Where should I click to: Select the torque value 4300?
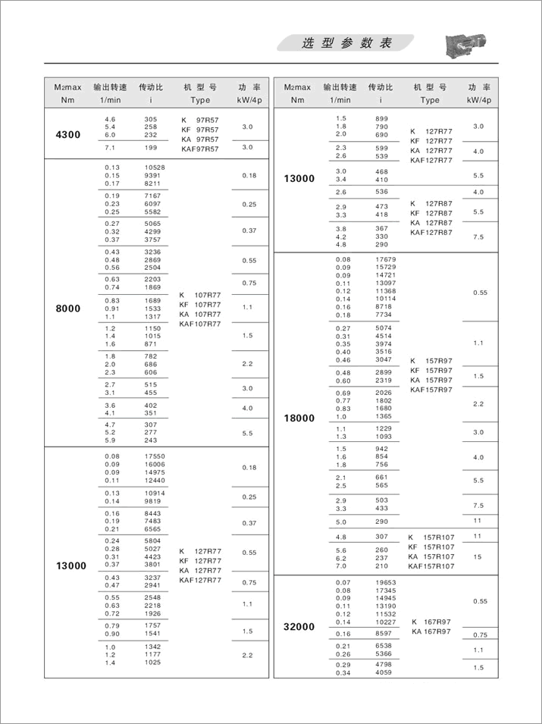coord(67,134)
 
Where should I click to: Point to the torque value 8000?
coord(67,309)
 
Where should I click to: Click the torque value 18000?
coord(299,418)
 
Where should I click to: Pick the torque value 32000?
coord(299,627)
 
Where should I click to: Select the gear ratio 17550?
coord(155,456)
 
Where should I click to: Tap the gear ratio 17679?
coord(386,259)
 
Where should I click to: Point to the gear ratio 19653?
coord(386,582)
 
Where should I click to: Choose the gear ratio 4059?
coord(384,672)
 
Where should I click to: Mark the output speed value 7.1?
coord(109,147)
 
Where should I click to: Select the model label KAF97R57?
coord(199,149)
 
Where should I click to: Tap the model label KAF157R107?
coord(432,566)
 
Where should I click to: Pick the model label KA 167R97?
coord(431,632)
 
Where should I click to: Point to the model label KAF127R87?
coord(431,233)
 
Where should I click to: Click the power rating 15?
coord(478,556)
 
